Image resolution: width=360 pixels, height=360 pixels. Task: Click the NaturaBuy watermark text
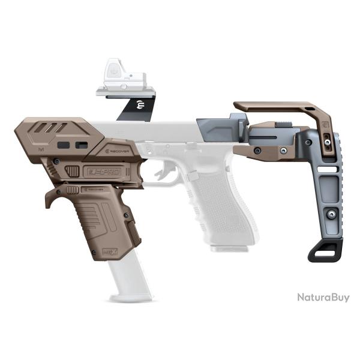coord(323,297)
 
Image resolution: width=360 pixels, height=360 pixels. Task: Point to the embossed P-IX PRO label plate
coord(103,171)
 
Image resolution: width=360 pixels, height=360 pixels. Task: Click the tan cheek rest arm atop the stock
coord(282,108)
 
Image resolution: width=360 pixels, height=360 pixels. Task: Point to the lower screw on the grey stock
coord(330,214)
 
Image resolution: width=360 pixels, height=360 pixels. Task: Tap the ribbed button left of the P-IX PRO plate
coord(71,171)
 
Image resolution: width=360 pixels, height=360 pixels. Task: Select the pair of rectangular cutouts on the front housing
coord(71,145)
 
